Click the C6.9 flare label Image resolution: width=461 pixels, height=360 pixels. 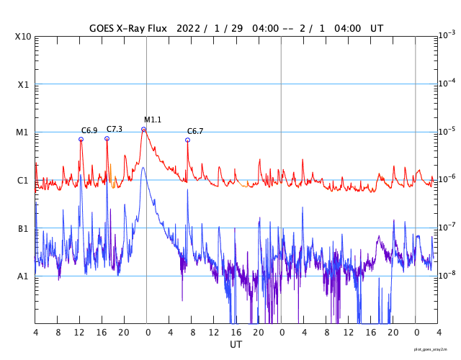(89, 131)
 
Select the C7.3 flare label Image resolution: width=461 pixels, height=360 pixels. (114, 129)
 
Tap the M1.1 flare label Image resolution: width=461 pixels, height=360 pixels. (153, 120)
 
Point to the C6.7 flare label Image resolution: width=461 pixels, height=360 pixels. (195, 131)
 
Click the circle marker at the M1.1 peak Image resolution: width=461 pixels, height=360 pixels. (144, 130)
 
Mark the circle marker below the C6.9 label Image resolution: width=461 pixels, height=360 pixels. (81, 140)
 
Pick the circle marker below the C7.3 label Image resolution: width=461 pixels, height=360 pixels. (107, 138)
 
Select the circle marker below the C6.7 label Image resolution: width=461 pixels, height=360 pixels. (187, 140)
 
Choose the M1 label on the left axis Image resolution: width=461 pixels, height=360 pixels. (23, 132)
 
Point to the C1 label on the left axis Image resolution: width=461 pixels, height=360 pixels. (23, 180)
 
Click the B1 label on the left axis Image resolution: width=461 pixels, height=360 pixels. (23, 228)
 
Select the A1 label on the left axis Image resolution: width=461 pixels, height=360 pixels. (23, 276)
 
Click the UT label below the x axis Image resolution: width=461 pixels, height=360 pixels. (236, 344)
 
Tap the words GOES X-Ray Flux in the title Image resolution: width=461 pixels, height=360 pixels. (129, 28)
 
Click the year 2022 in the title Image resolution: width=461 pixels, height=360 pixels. (189, 28)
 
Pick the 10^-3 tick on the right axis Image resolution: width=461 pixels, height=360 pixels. (447, 35)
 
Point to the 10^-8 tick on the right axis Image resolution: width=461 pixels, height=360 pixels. (447, 275)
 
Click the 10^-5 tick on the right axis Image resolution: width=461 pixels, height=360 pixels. (447, 131)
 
